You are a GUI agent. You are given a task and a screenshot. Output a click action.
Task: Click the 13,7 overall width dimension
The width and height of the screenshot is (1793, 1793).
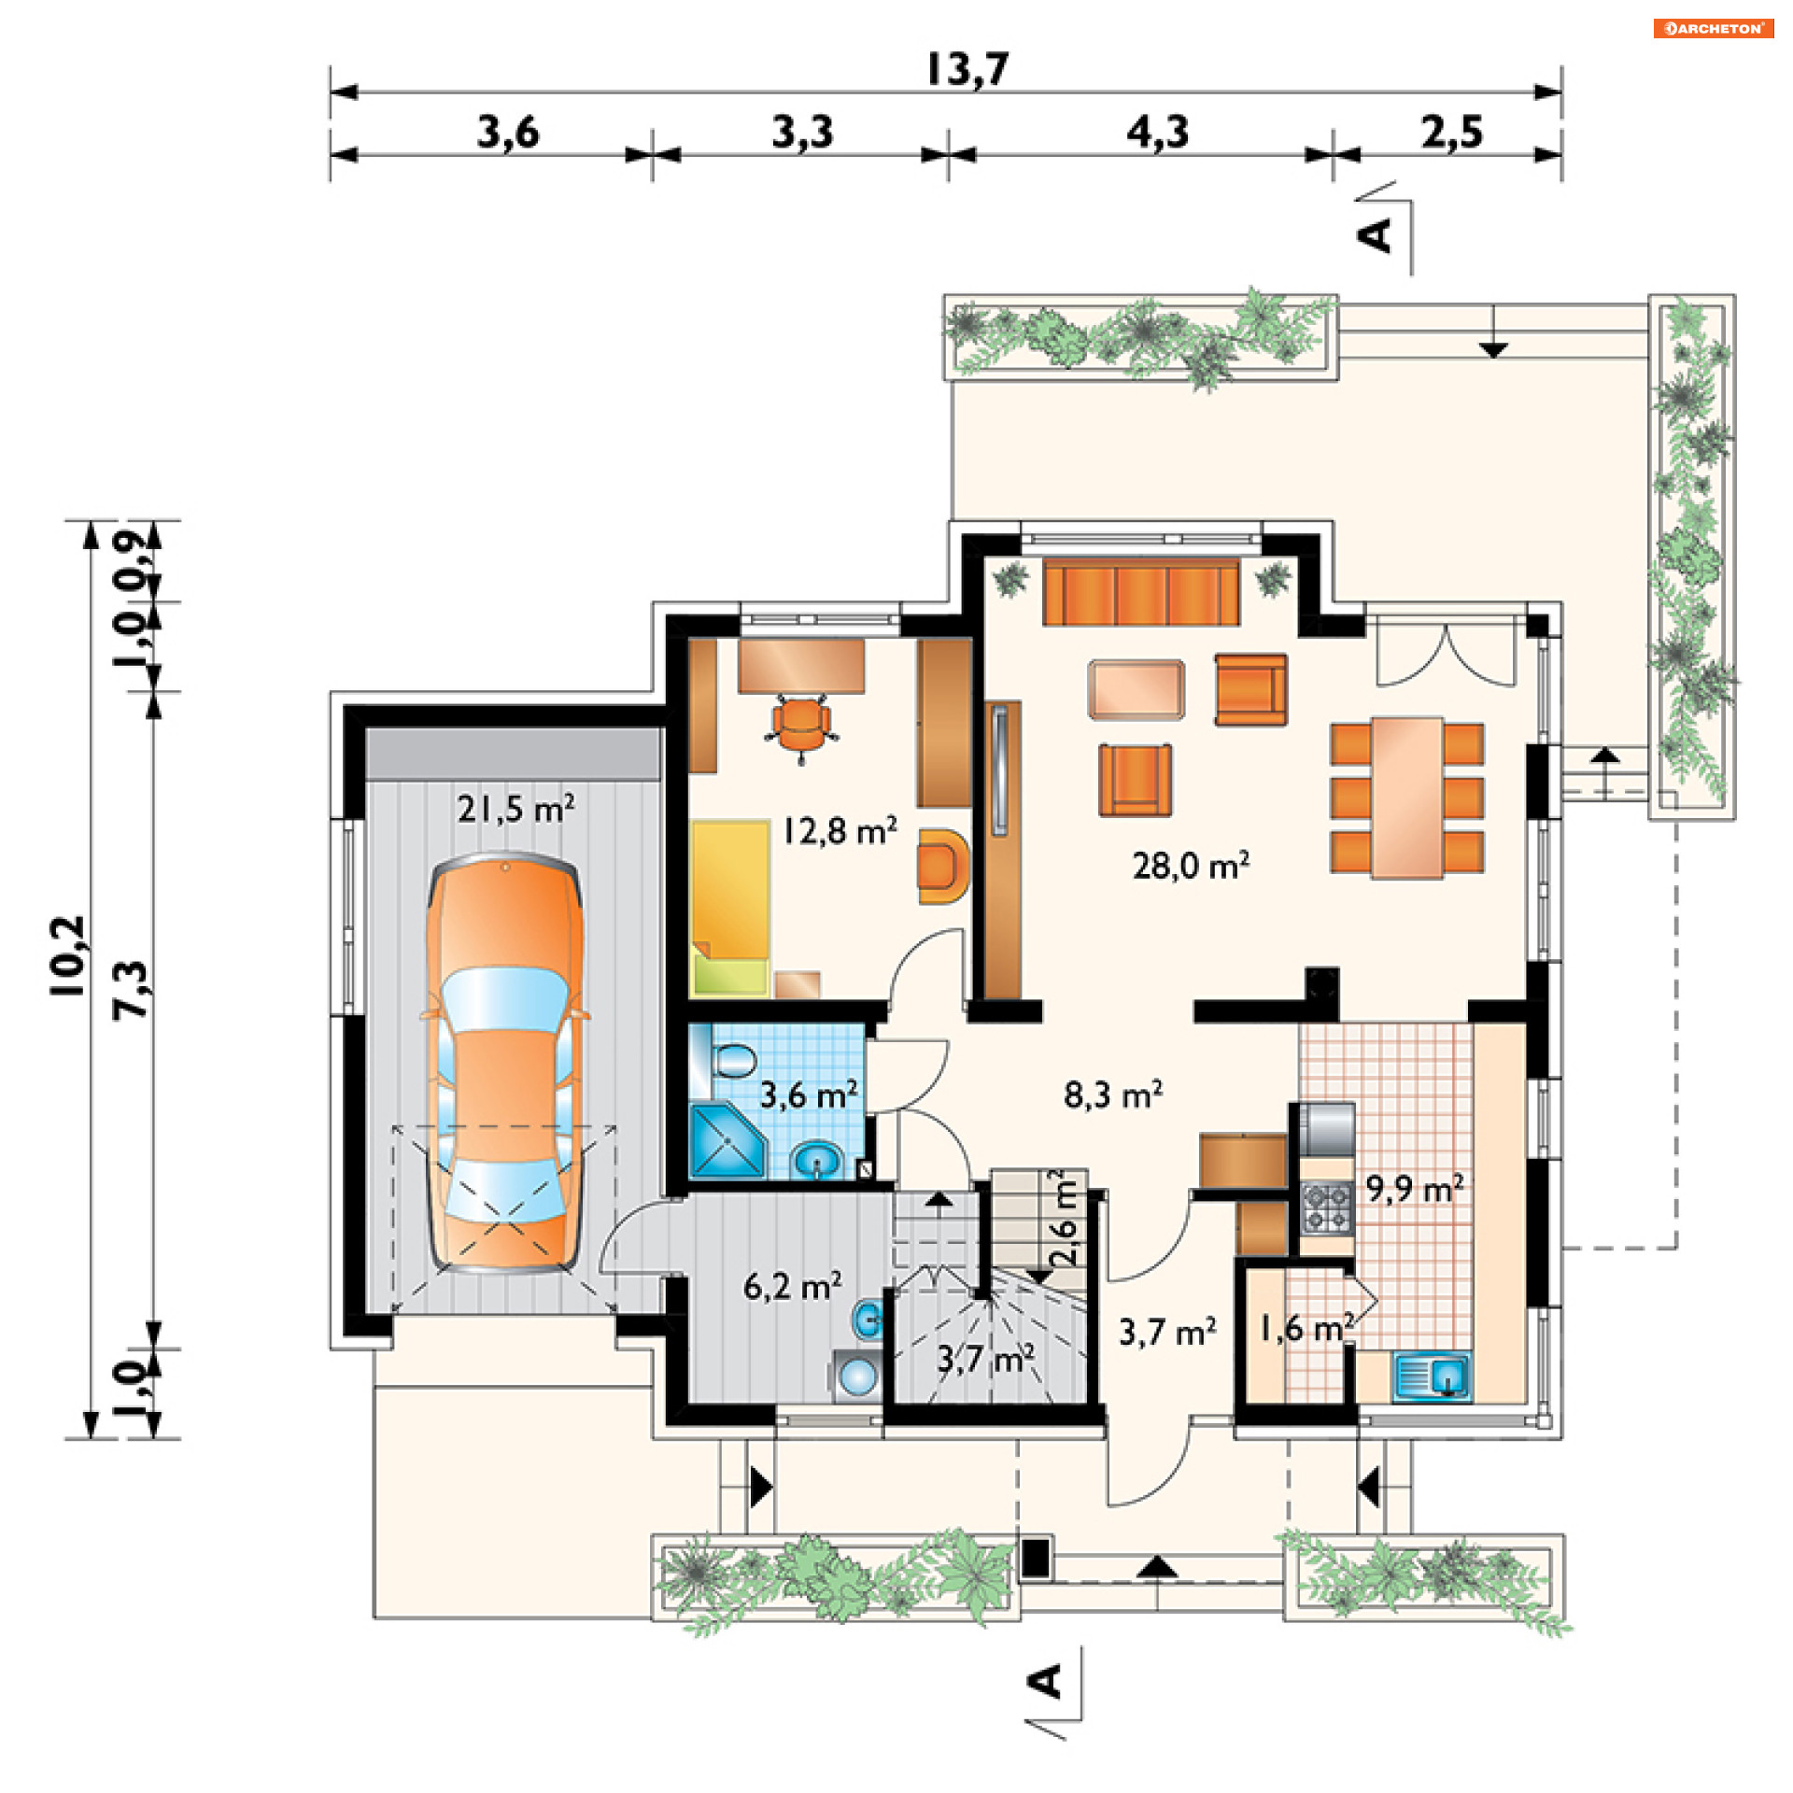(967, 69)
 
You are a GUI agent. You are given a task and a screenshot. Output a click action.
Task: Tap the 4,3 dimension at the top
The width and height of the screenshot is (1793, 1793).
(1158, 132)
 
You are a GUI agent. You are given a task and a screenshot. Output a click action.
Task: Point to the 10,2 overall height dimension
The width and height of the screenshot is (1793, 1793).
(68, 955)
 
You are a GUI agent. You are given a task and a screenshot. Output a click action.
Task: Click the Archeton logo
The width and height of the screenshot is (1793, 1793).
(1714, 28)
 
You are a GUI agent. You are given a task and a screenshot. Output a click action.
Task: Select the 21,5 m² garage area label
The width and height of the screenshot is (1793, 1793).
(515, 808)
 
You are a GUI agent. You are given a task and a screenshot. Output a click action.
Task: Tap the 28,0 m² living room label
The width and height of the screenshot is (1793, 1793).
(1191, 866)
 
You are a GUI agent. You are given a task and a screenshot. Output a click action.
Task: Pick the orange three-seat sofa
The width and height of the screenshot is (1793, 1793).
(1141, 591)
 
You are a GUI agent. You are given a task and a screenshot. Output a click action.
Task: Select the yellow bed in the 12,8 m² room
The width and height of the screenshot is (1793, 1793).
(731, 907)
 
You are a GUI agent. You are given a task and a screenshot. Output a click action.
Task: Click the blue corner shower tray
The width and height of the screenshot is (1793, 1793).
(727, 1140)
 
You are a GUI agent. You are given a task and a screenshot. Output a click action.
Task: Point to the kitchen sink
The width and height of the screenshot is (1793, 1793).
(1433, 1376)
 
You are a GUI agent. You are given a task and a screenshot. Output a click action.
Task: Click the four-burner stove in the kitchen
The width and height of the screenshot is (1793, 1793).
(1327, 1207)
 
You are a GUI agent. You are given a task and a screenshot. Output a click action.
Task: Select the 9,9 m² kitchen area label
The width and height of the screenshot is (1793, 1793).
(1415, 1189)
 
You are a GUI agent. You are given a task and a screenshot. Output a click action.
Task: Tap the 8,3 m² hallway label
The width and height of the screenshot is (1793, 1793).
(1113, 1094)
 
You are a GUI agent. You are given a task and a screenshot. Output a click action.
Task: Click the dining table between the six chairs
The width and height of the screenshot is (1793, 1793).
(1407, 798)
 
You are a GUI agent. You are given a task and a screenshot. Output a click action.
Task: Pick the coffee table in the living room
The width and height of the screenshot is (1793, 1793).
(1137, 690)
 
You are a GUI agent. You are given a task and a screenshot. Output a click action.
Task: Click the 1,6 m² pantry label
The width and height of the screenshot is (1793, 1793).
(1306, 1328)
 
